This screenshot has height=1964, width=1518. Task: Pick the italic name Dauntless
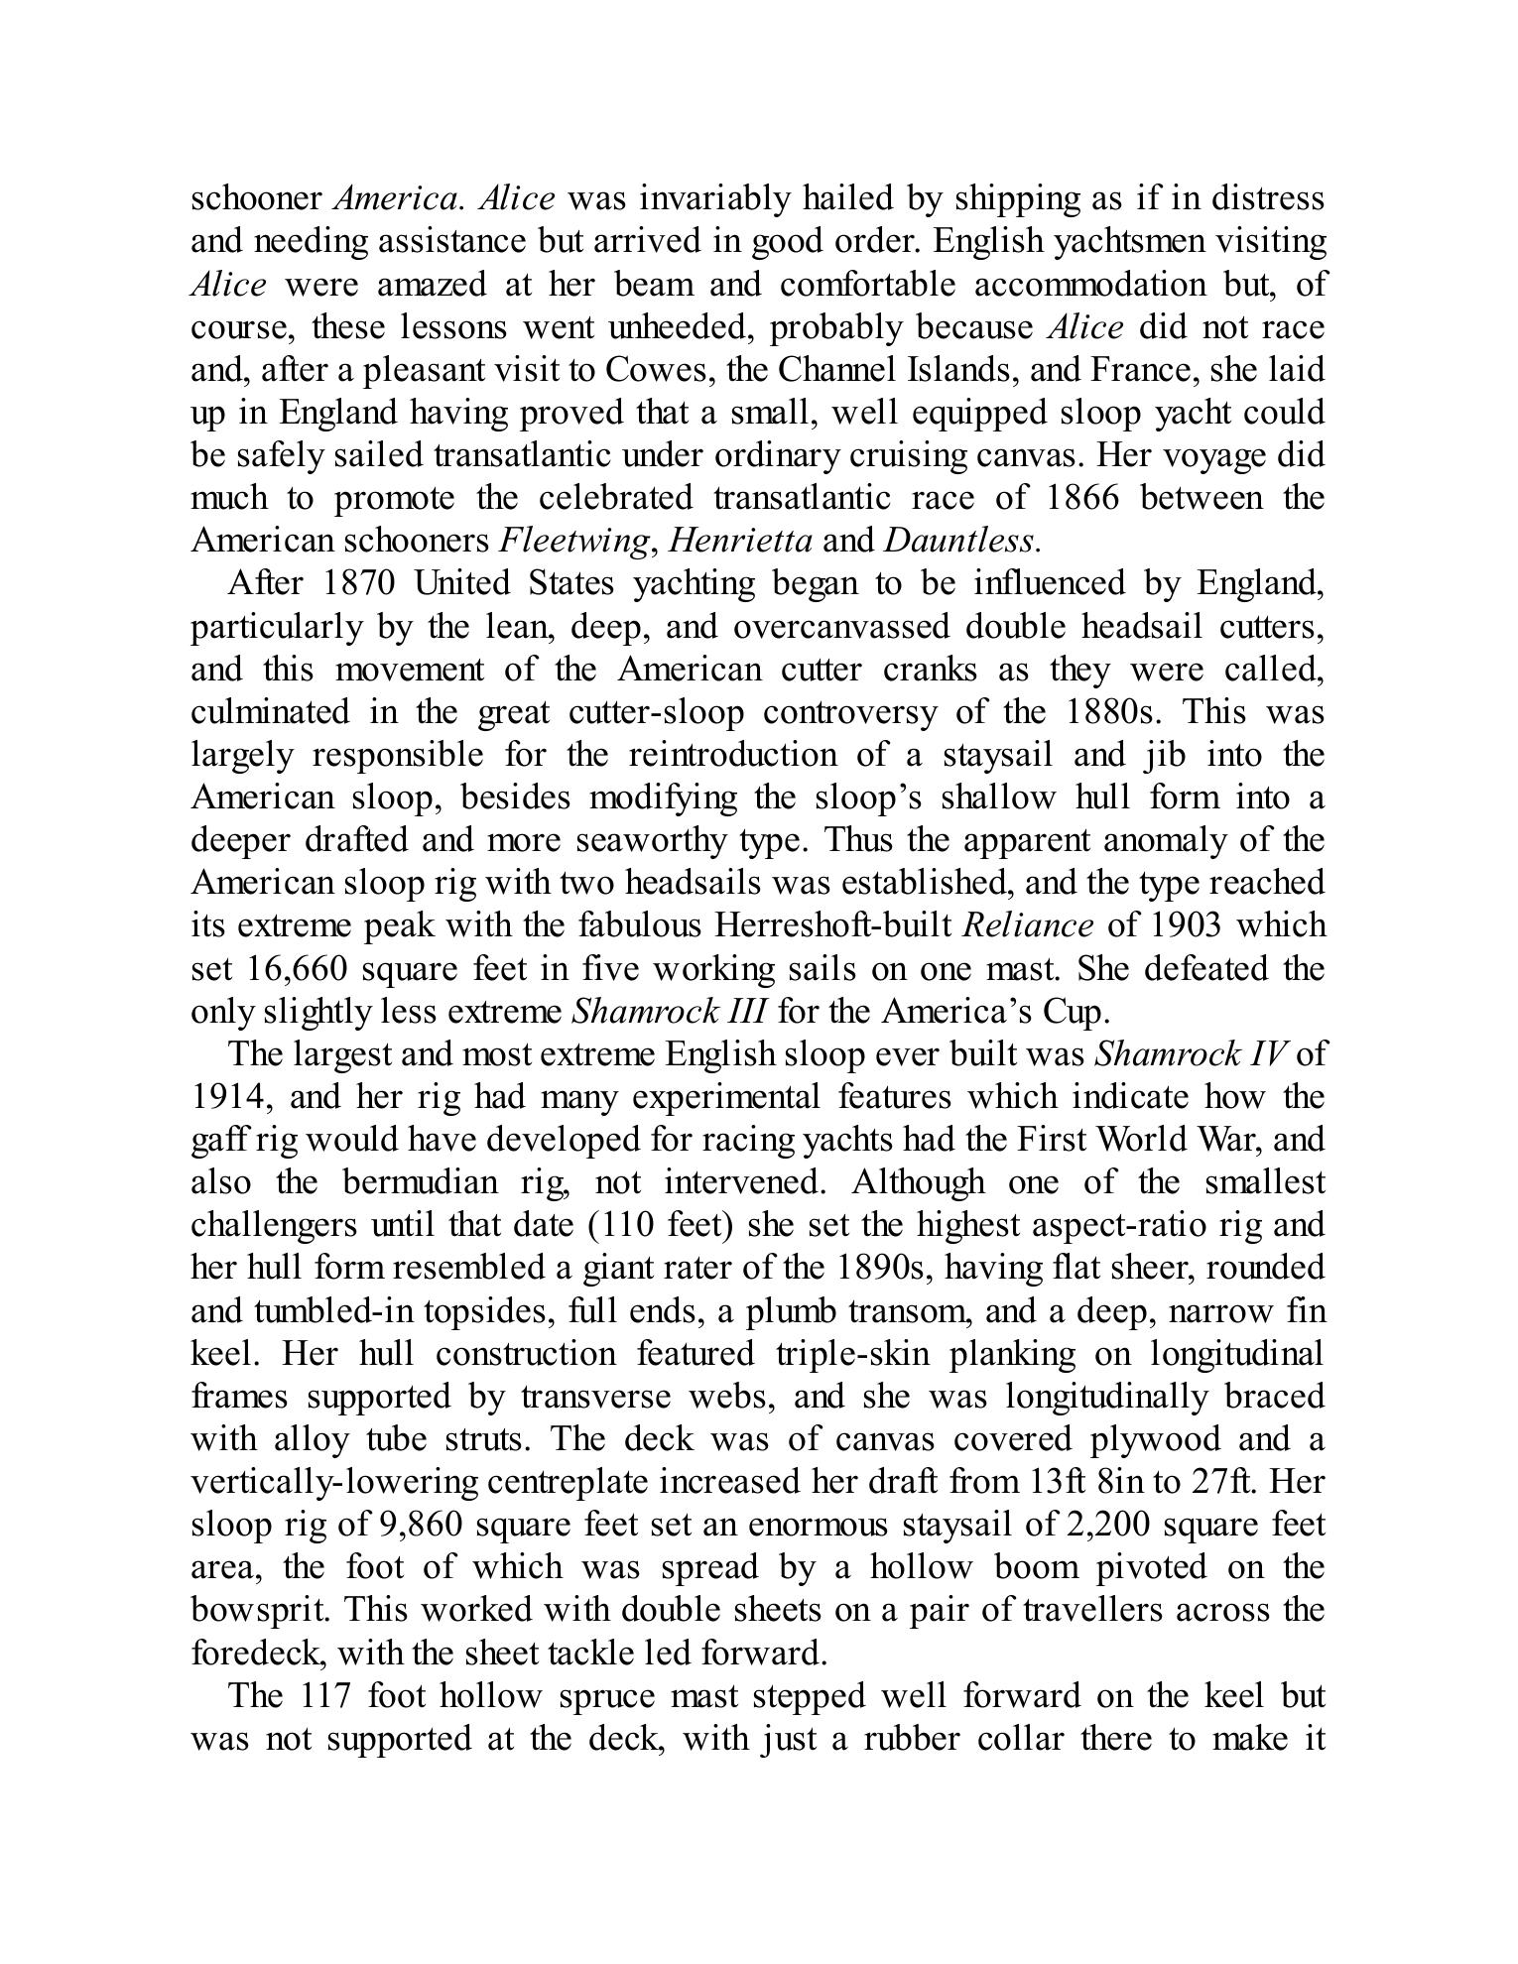(x=960, y=541)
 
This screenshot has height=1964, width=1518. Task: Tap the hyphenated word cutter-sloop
(x=656, y=712)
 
